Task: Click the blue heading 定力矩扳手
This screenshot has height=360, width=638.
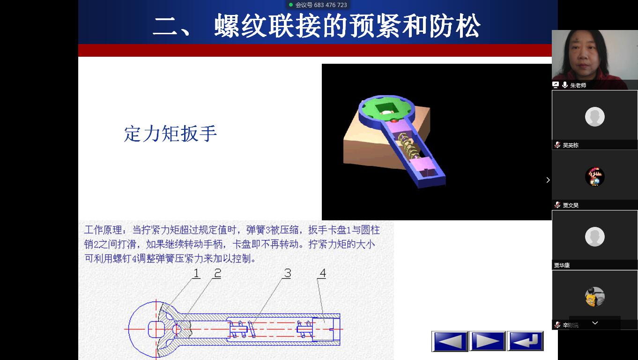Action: (x=171, y=134)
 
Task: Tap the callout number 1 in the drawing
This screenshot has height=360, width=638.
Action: (x=196, y=273)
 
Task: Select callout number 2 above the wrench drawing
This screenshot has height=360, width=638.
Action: (x=218, y=273)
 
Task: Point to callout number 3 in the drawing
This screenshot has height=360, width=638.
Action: (x=288, y=273)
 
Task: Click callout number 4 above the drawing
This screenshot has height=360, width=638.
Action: (x=323, y=273)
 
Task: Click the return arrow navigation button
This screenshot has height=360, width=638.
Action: (x=525, y=341)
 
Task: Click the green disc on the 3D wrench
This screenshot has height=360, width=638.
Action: (x=386, y=108)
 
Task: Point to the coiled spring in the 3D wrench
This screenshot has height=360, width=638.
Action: (x=408, y=145)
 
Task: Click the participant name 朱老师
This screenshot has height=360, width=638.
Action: (x=578, y=85)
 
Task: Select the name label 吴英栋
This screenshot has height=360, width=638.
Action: (x=571, y=145)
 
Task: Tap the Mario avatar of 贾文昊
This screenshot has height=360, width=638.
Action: (x=595, y=177)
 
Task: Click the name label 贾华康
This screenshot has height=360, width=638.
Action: (x=562, y=265)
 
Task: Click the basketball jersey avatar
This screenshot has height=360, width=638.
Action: (x=595, y=297)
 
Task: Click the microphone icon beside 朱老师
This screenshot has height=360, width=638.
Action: (x=565, y=85)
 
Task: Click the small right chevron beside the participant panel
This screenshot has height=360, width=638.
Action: (x=548, y=180)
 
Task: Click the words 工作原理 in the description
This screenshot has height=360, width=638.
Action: (x=104, y=230)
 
